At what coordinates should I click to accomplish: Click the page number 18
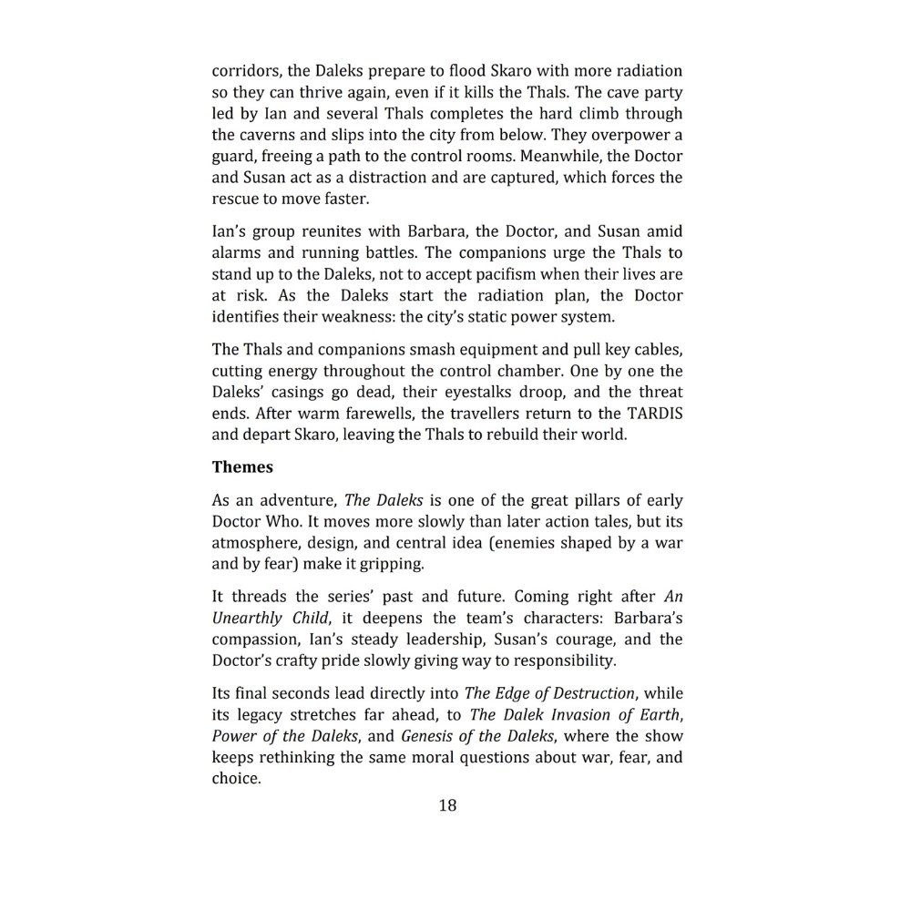click(447, 805)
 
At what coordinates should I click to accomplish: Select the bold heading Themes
click(242, 467)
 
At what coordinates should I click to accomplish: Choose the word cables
click(653, 350)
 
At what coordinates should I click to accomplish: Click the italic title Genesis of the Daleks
click(475, 736)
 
